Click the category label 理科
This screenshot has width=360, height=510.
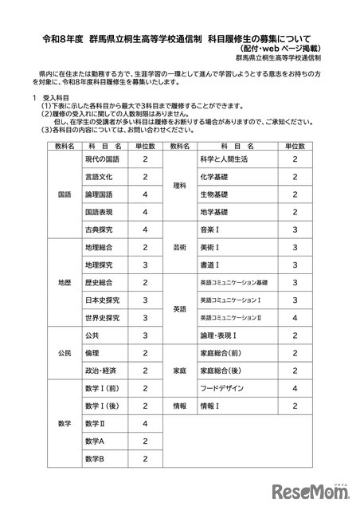point(179,186)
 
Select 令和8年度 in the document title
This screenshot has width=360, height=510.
point(63,37)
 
